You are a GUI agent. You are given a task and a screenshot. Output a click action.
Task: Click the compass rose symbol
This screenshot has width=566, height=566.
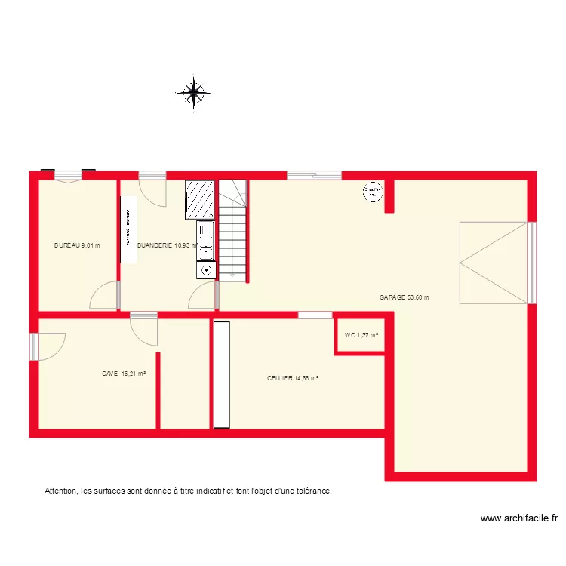pos(194,93)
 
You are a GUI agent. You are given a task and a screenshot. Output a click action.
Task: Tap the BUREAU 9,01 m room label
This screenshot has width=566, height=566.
pos(77,245)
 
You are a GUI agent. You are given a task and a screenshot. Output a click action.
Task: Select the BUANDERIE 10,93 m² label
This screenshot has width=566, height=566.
pos(168,245)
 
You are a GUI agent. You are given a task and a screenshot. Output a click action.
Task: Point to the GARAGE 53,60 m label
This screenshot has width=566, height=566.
pos(405,297)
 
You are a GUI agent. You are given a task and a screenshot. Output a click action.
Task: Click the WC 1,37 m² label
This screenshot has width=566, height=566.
pos(361,336)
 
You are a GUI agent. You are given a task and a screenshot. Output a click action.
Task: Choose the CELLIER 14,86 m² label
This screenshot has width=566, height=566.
pos(293,379)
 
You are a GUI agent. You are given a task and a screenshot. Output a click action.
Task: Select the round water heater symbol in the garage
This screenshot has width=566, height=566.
pos(371,192)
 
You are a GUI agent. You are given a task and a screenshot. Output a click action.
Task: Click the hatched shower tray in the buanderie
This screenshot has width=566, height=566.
pos(200,199)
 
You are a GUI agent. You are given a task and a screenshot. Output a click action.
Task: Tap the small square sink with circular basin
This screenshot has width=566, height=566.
pos(206,269)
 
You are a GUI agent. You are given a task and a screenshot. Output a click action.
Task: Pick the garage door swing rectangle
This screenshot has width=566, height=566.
pos(494,262)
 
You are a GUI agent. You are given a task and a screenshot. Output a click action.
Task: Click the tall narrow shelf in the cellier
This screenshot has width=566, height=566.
pos(221,374)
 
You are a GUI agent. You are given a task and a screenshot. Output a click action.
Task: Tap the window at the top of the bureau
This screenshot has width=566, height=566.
pos(68,175)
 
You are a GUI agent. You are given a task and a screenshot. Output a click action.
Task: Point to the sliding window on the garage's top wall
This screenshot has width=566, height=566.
pos(313,175)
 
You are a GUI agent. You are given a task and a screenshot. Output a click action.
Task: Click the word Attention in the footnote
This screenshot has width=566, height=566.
pos(61,491)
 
